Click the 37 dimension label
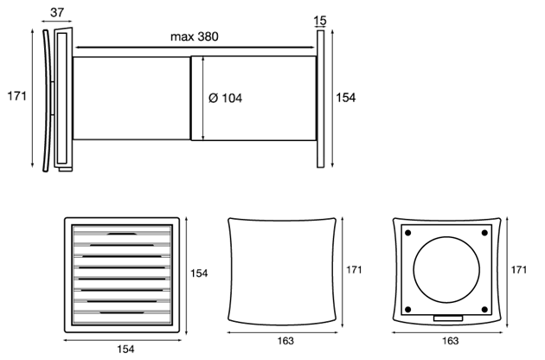click(x=57, y=11)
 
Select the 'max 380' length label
click(x=194, y=36)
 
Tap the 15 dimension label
click(x=320, y=19)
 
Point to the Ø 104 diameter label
click(x=226, y=98)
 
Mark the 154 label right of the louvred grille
click(x=198, y=273)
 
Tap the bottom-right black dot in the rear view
click(x=484, y=309)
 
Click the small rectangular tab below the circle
click(x=446, y=320)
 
